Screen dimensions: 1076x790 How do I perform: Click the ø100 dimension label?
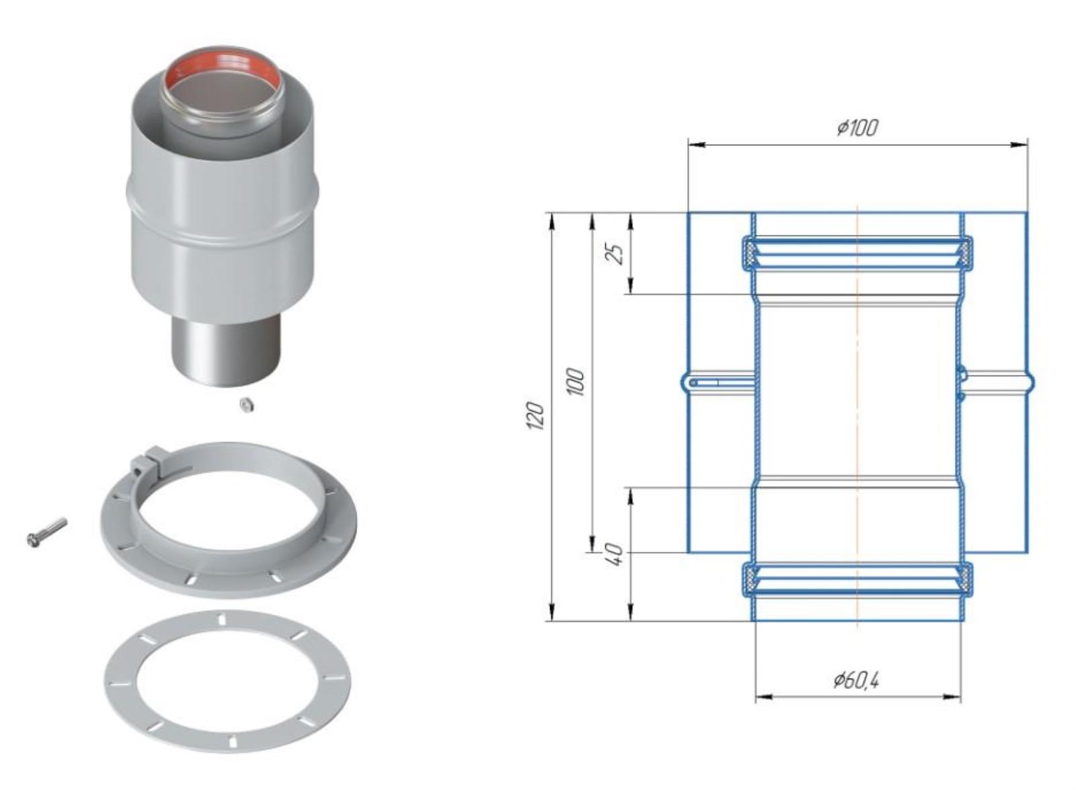click(x=857, y=128)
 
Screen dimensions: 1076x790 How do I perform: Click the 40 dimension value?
click(x=616, y=555)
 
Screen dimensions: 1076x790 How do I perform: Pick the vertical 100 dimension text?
click(x=576, y=382)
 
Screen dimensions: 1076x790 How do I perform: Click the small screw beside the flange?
click(x=46, y=532)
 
